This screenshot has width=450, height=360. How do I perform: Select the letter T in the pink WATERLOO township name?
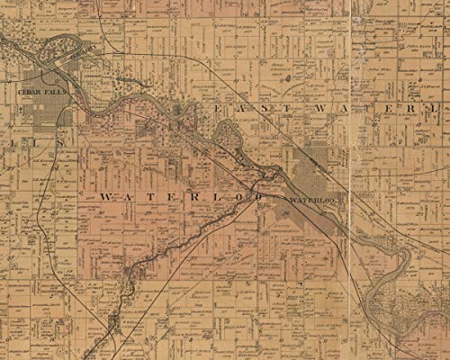(x=153, y=196)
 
